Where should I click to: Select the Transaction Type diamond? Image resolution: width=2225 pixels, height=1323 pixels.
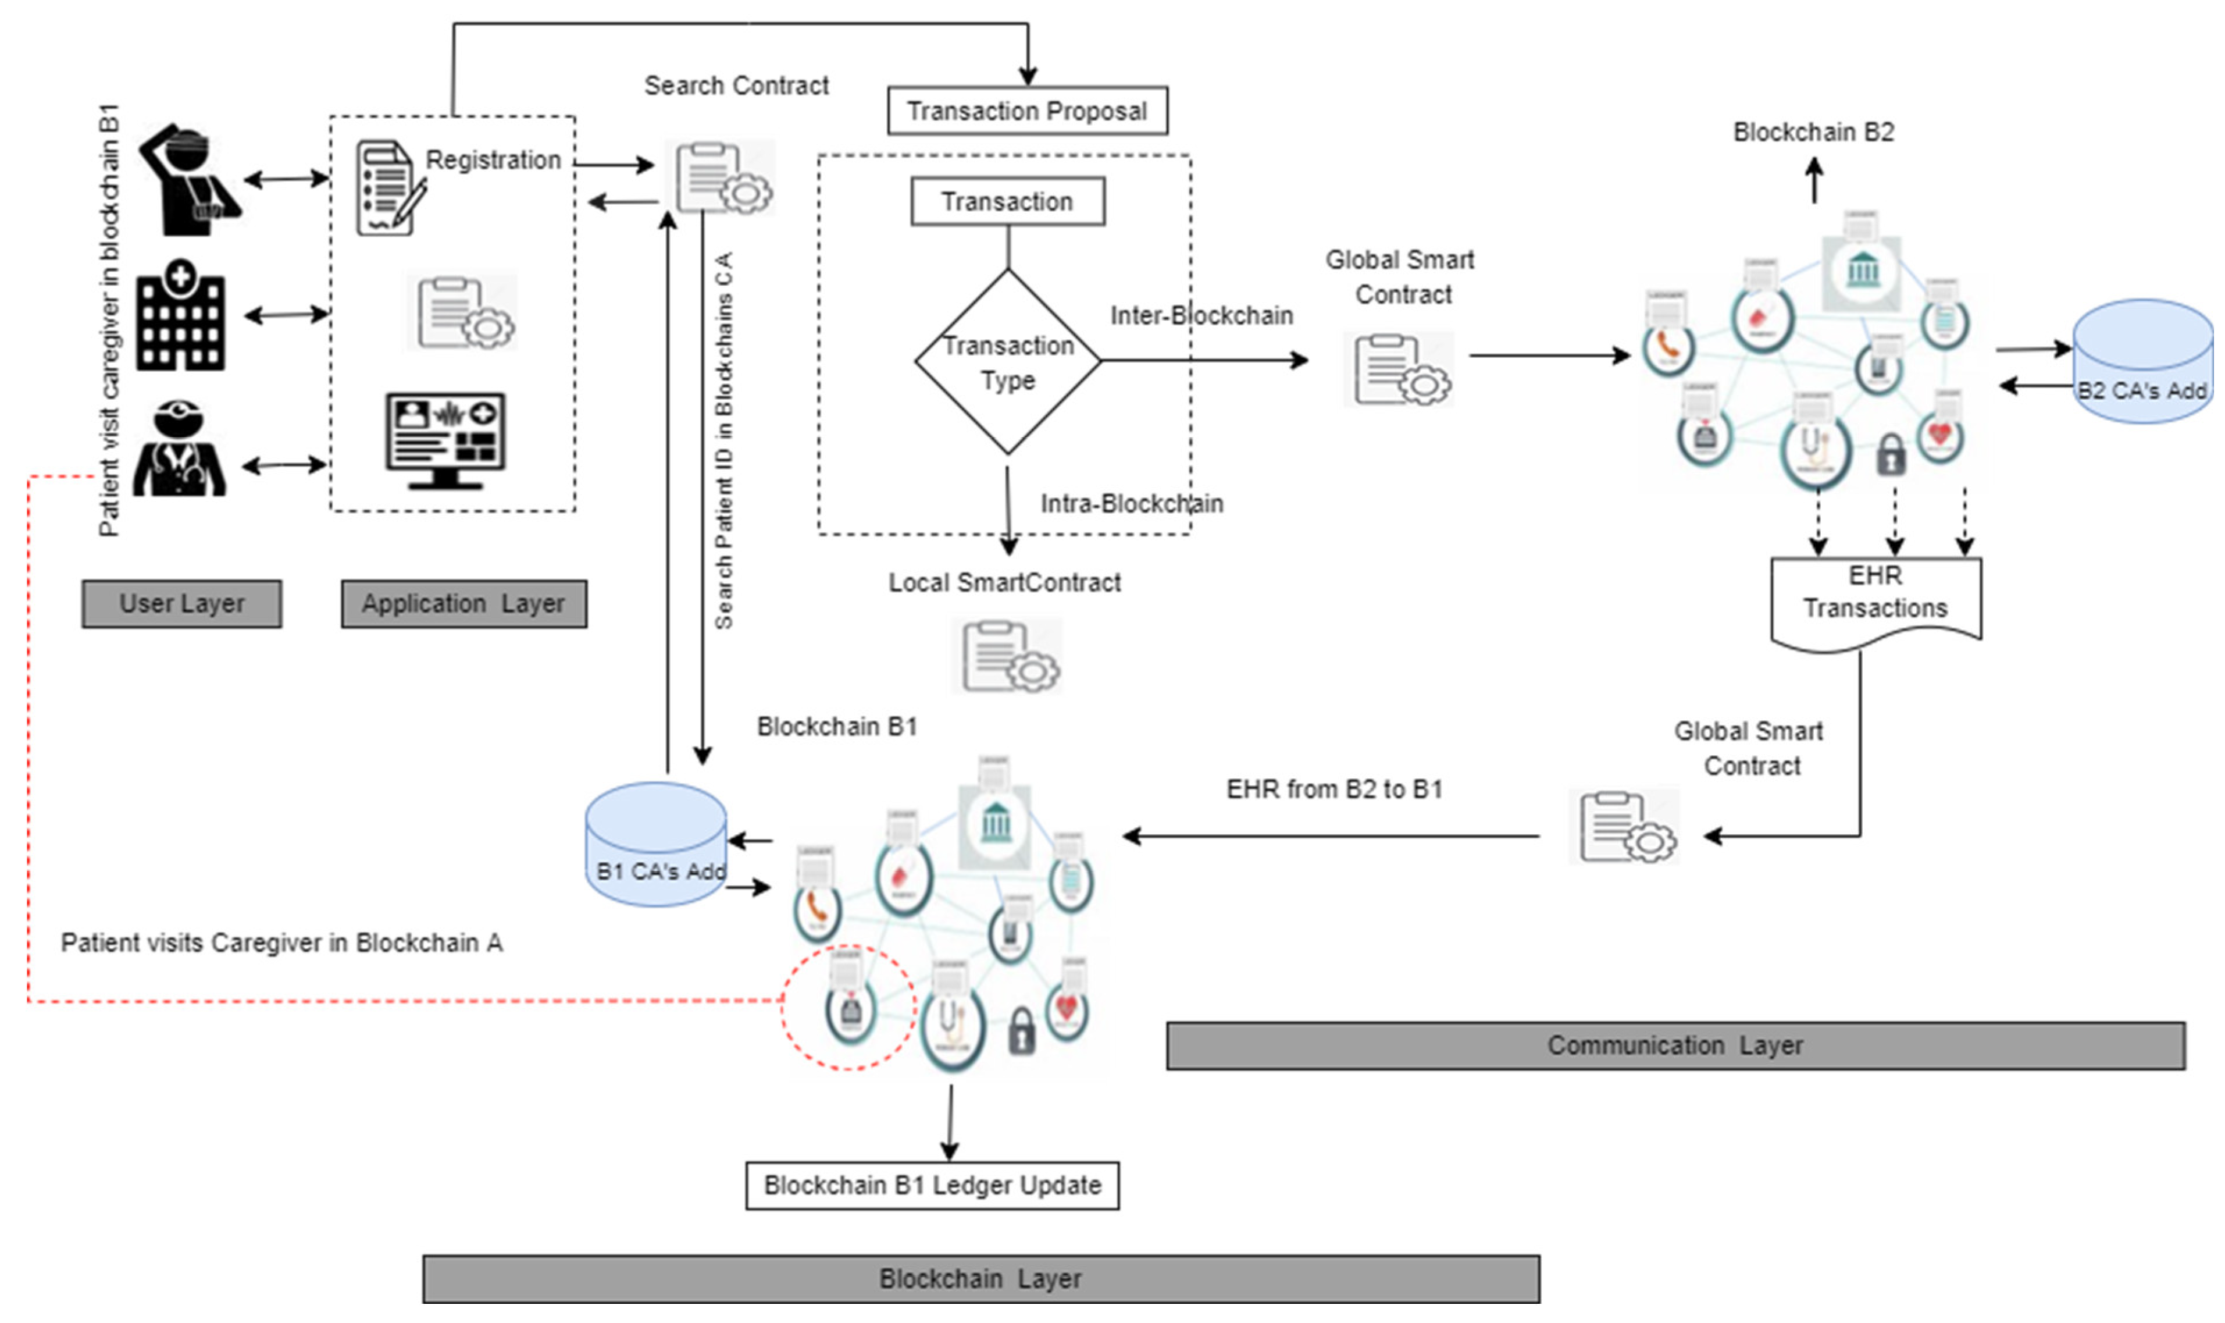1008,362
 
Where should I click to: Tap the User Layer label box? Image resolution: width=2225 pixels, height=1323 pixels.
182,603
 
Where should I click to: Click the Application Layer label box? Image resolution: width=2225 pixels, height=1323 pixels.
463,603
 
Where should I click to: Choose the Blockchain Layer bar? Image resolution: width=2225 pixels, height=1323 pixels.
980,1278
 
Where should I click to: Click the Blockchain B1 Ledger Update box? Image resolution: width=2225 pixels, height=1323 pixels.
932,1185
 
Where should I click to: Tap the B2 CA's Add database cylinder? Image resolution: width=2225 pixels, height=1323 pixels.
2142,361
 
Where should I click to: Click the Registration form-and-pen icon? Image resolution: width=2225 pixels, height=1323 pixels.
388,188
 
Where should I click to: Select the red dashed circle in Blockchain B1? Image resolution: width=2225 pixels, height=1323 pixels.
848,1008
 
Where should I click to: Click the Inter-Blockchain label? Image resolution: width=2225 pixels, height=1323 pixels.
1200,315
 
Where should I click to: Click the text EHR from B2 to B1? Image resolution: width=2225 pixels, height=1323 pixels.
1334,789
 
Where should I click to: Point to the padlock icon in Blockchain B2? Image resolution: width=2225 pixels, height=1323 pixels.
1890,454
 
